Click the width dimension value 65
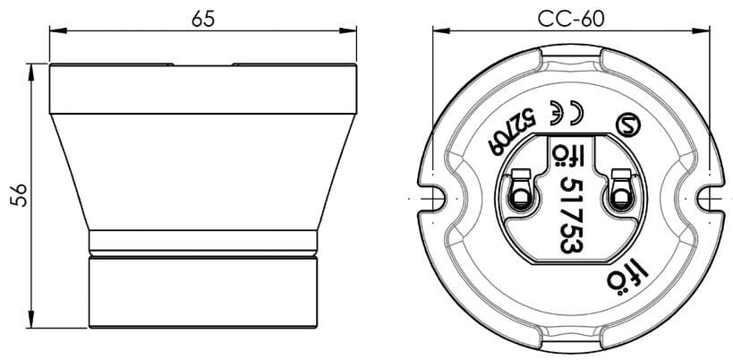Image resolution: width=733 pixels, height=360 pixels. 203,19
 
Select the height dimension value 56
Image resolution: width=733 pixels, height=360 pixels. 17,195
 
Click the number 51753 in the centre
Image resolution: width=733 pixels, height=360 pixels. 572,213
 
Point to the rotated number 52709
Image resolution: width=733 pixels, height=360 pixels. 510,132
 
